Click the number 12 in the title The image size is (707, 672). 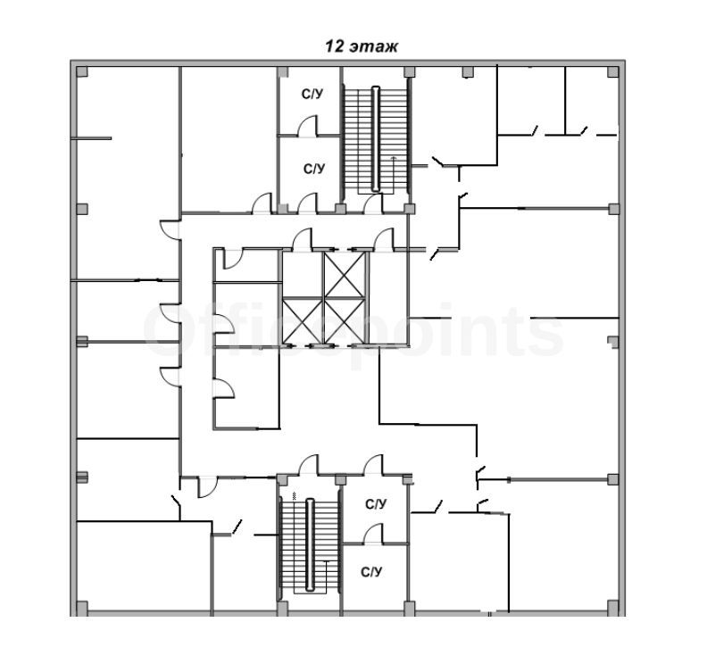pos(335,46)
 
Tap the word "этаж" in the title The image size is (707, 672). pos(374,47)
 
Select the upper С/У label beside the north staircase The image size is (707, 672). pos(312,95)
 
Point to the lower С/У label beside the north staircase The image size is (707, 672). pos(314,169)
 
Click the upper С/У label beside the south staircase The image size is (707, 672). pos(376,504)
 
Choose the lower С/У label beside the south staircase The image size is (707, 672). pos(371,572)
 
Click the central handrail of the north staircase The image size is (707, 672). pos(376,139)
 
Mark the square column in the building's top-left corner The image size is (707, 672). pos(81,72)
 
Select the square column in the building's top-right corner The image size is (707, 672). pos(612,72)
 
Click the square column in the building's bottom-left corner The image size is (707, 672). pos(81,607)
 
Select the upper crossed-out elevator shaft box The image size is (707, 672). pos(345,275)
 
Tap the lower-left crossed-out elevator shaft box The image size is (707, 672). pos(303,321)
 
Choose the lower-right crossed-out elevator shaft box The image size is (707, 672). pos(345,321)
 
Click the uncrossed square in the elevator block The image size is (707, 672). pos(303,275)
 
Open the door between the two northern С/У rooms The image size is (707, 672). pos(307,126)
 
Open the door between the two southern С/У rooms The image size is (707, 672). pos(373,534)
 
